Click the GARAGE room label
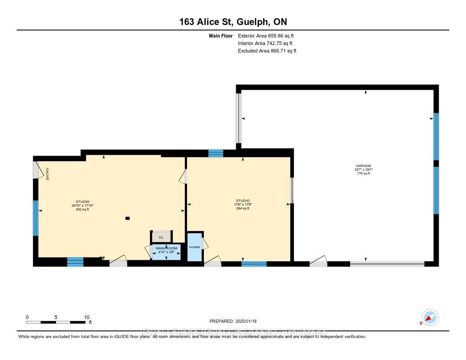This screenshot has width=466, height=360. coord(364,166)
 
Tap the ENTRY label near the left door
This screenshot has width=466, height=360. coord(47,174)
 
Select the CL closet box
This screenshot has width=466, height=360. coord(161,237)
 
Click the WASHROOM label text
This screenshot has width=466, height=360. coord(166,248)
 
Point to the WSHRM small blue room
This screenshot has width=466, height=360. coord(194,247)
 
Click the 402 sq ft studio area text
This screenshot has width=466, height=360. coord(82,210)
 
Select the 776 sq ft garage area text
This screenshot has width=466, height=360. coord(364,173)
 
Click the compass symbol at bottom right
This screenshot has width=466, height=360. coord(430,317)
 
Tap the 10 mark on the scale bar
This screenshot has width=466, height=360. coord(86,317)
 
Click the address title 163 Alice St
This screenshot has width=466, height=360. coord(233,22)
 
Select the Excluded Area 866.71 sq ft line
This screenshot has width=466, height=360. coord(267,51)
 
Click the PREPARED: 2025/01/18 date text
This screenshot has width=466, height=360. coord(233,321)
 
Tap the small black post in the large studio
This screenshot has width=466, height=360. coord(127,218)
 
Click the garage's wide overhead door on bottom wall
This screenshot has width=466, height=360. coord(387,264)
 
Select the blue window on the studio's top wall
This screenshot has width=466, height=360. coord(216,153)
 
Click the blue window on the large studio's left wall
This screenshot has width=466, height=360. coord(35,218)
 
